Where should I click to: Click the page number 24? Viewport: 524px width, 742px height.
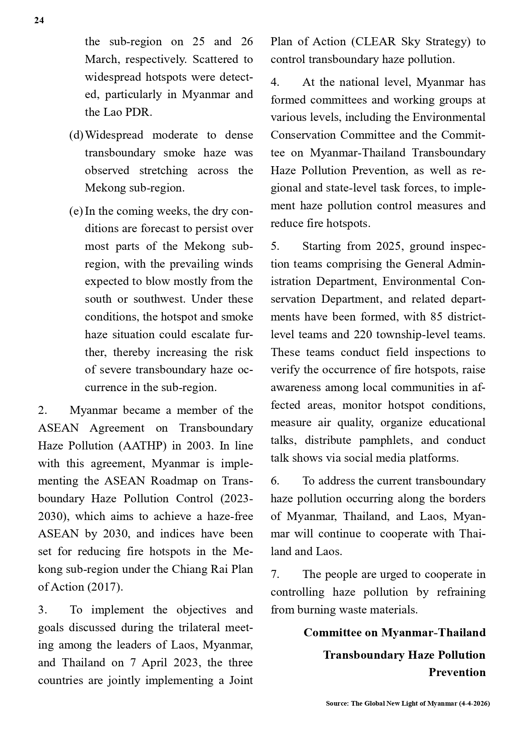pyautogui.click(x=39, y=20)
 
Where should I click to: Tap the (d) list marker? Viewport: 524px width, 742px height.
pyautogui.click(x=76, y=135)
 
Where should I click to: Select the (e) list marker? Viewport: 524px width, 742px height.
pyautogui.click(x=76, y=211)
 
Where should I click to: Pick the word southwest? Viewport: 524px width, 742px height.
pyautogui.click(x=159, y=299)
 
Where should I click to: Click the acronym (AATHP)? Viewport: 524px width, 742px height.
pyautogui.click(x=143, y=446)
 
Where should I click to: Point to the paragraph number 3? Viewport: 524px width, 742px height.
pyautogui.click(x=42, y=610)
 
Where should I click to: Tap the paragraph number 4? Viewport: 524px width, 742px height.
pyautogui.click(x=275, y=82)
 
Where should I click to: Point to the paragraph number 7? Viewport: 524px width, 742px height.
pyautogui.click(x=275, y=575)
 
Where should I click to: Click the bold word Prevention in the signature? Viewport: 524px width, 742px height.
pyautogui.click(x=457, y=673)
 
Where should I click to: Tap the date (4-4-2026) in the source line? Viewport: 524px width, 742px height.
pyautogui.click(x=474, y=704)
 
